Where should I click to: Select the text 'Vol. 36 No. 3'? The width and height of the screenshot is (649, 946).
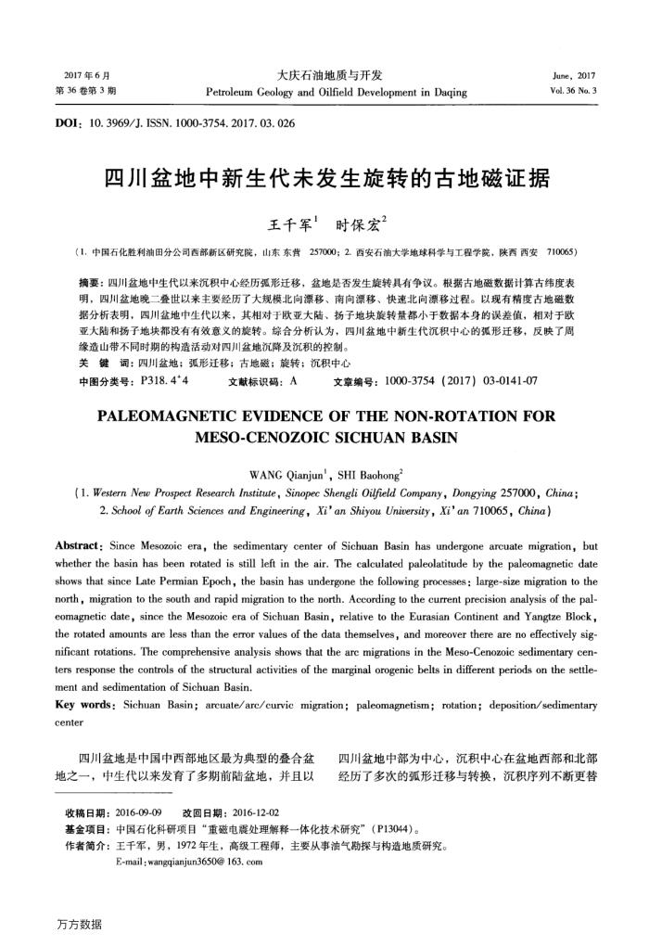tap(573, 92)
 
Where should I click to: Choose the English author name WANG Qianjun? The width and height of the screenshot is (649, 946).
tap(284, 476)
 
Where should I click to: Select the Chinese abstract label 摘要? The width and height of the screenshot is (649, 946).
tap(92, 280)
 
